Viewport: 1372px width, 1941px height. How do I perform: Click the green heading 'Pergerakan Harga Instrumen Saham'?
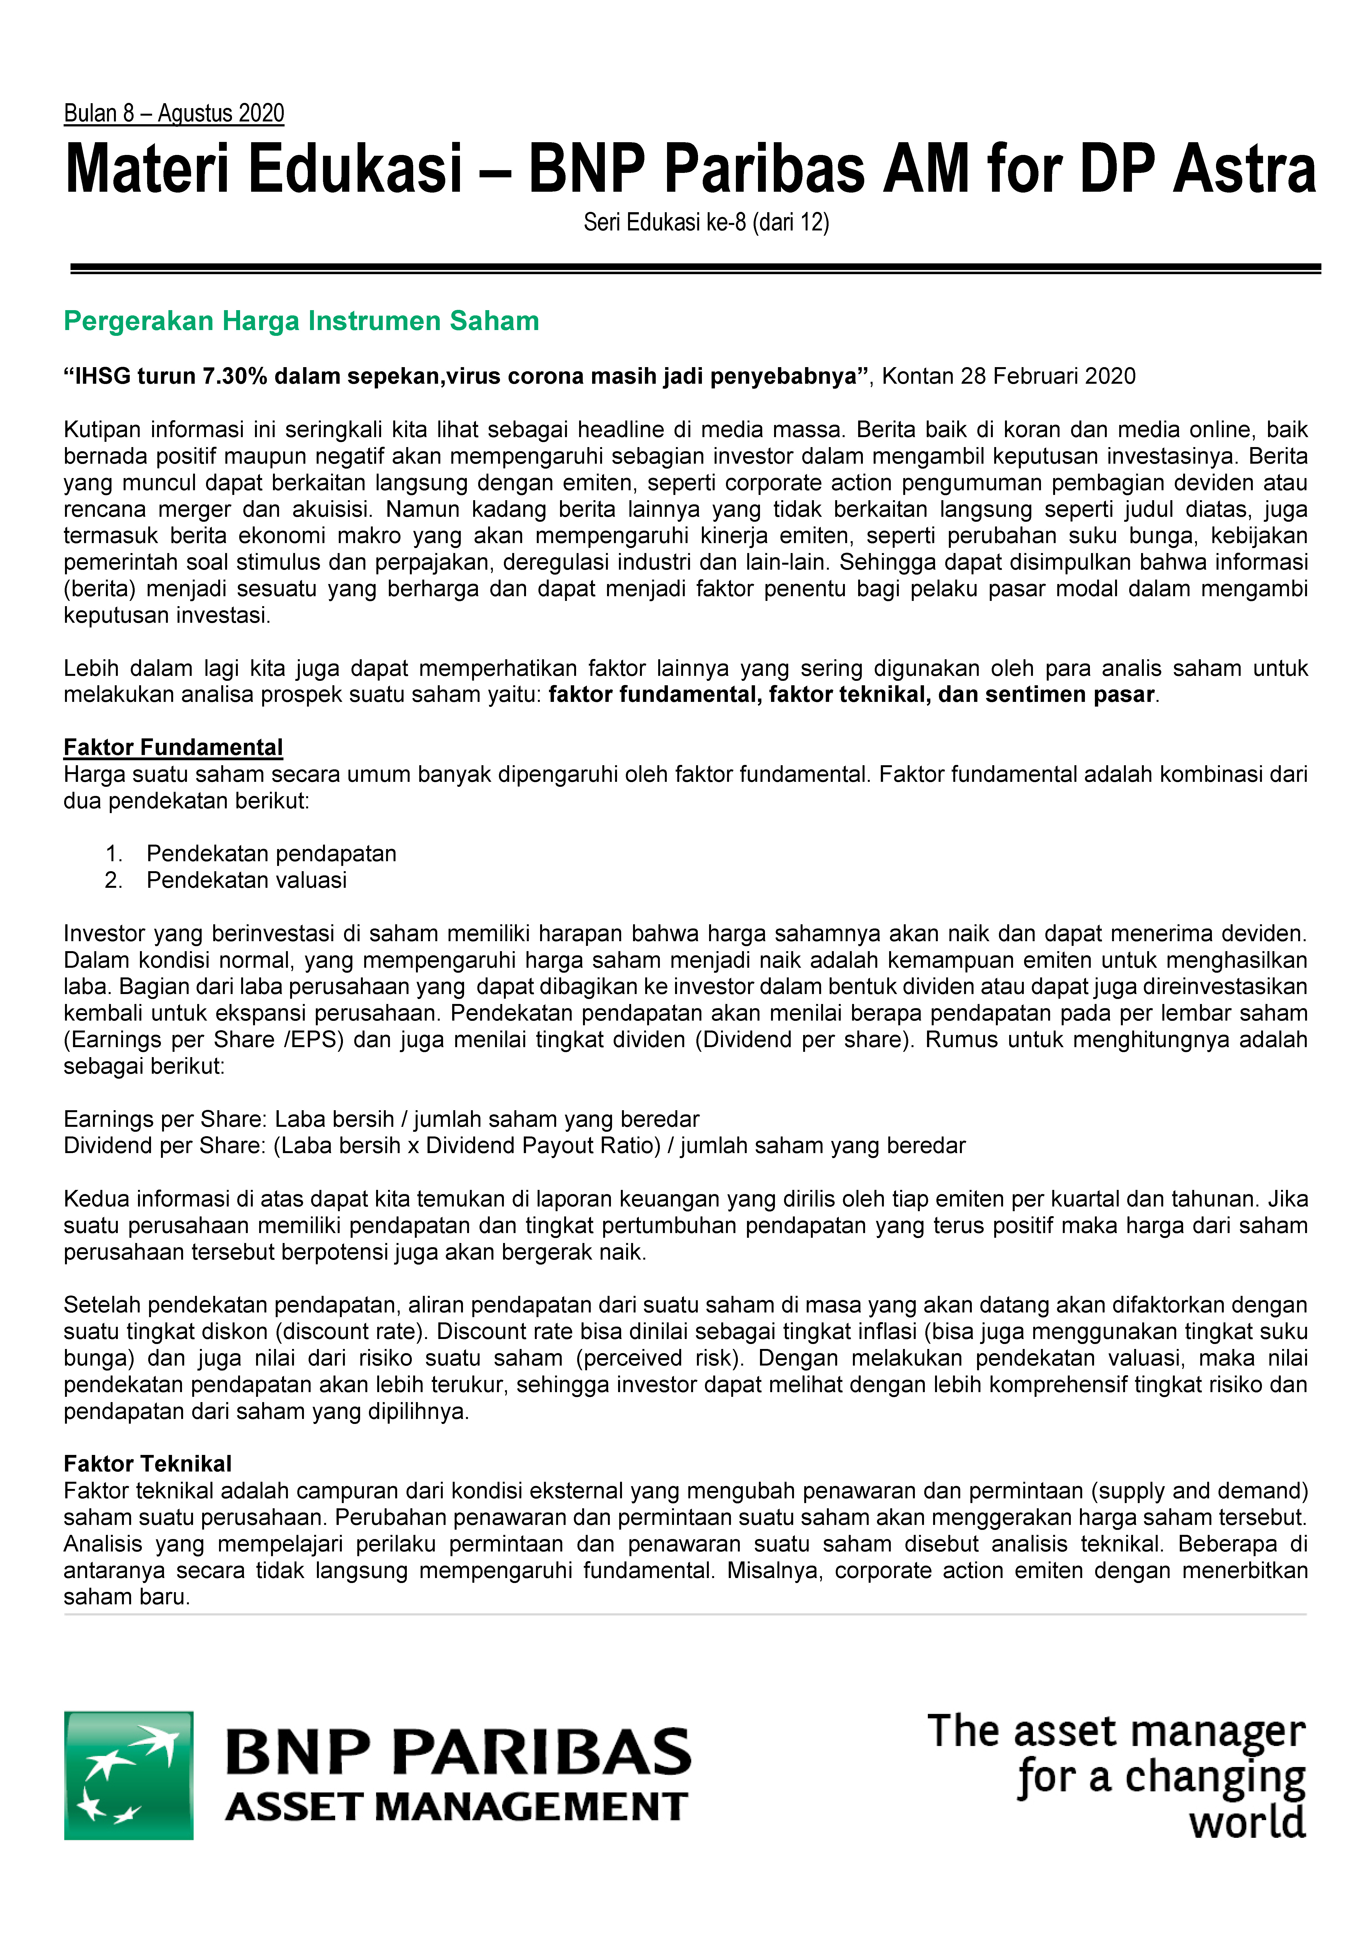[301, 321]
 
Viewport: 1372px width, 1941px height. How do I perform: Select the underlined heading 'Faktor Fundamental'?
[173, 747]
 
